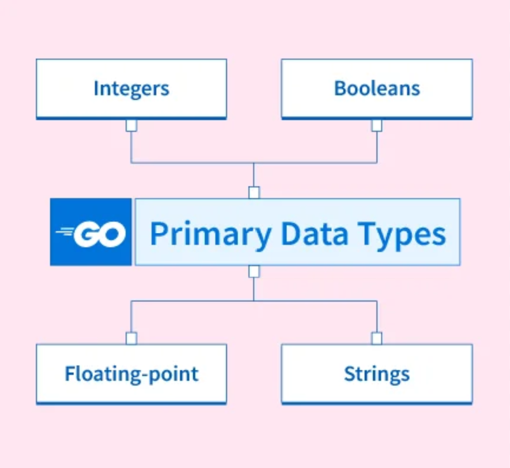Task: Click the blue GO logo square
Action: click(x=91, y=232)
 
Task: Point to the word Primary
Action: click(x=211, y=234)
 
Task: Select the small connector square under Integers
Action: click(x=131, y=125)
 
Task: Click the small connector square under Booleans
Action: click(x=377, y=125)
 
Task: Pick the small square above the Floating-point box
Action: click(x=131, y=338)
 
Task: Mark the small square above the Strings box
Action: click(x=377, y=338)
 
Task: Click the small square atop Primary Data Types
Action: click(x=254, y=192)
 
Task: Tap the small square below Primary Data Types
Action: click(x=254, y=271)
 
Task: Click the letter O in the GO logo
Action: click(x=111, y=233)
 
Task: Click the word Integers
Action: click(x=131, y=89)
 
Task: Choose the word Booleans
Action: click(x=377, y=89)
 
